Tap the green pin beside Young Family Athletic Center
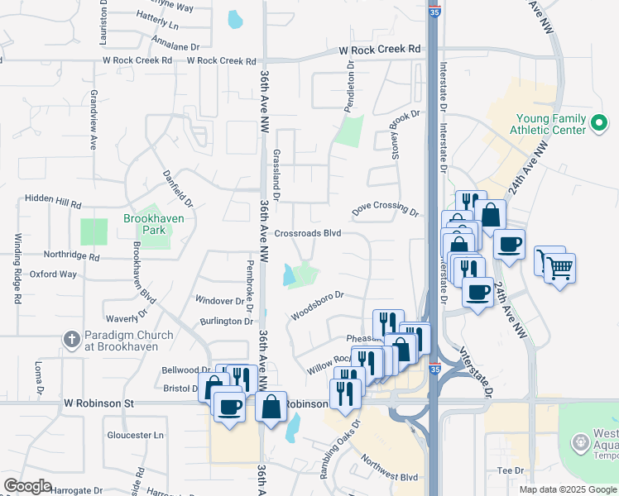coord(600,125)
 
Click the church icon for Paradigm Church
coord(71,341)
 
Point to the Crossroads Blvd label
coord(308,234)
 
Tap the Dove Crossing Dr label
coord(386,209)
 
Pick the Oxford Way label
coord(53,274)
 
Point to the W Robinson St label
coord(98,403)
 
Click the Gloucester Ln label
coord(136,435)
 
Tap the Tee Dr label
coord(511,470)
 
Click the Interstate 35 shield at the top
coord(435,10)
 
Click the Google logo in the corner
coord(27,486)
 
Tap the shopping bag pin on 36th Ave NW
coord(271,406)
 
